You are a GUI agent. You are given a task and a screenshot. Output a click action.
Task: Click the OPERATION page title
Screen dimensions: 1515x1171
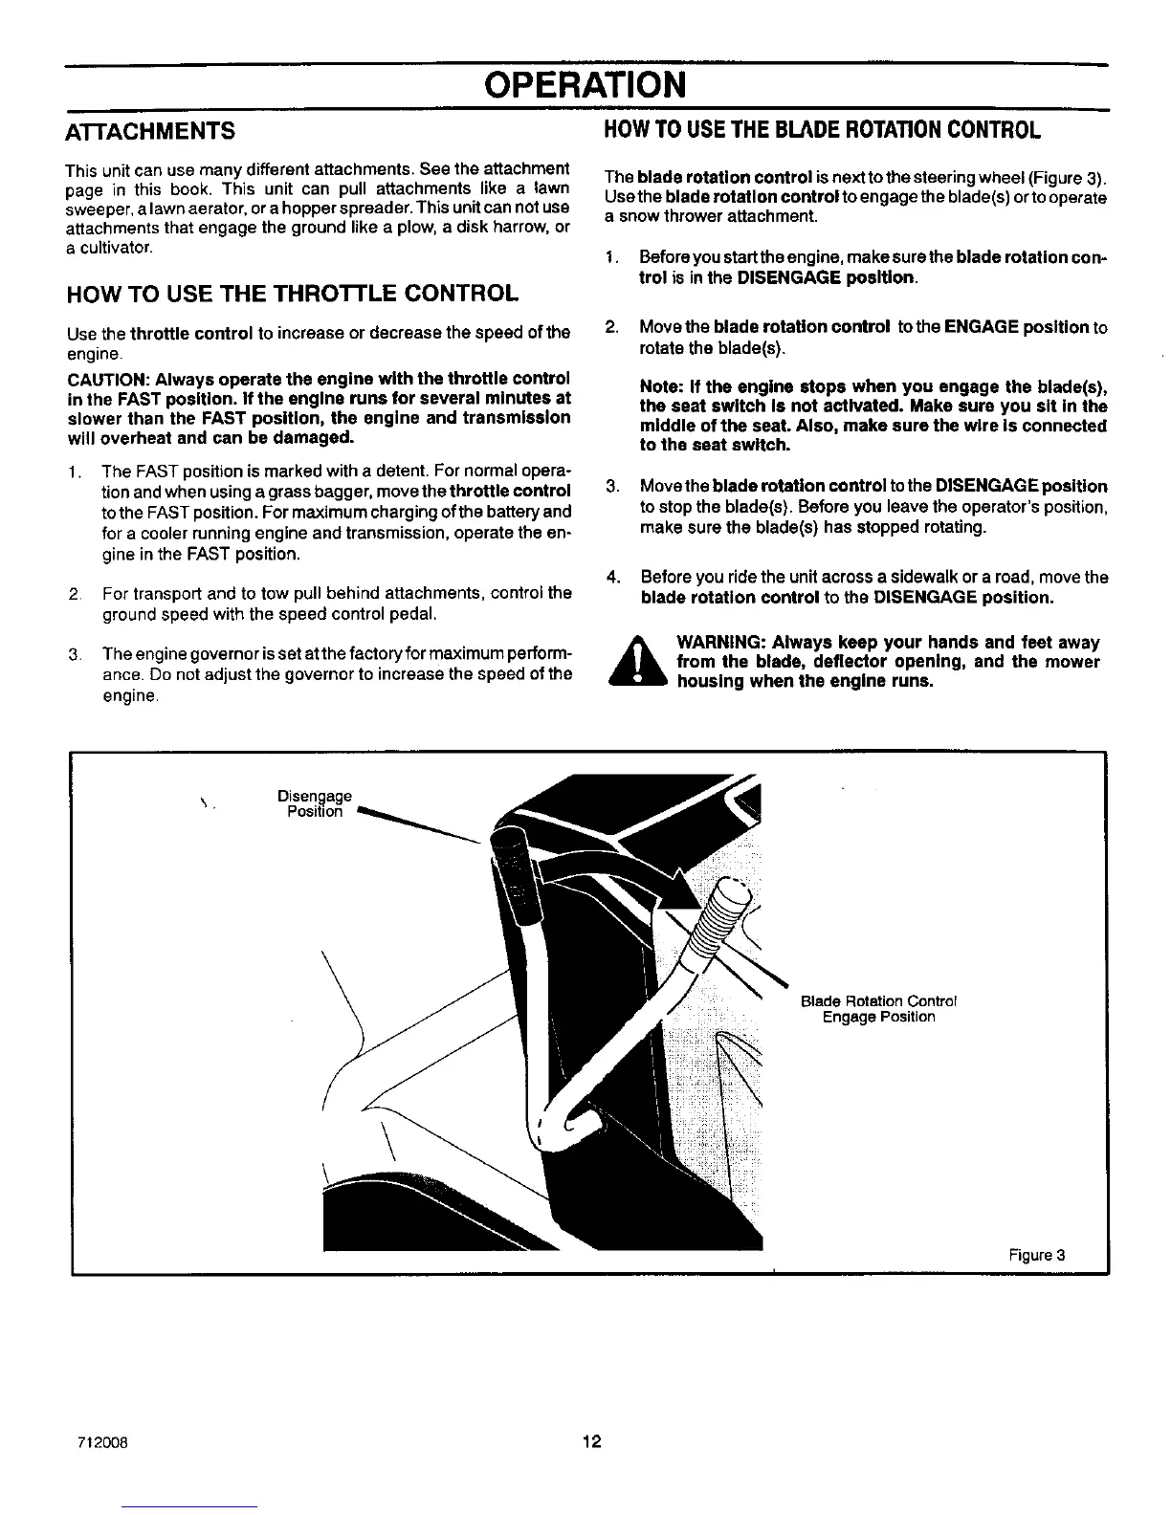[x=585, y=84]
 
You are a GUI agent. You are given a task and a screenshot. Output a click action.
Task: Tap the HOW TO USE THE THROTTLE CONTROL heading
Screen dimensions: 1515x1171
[x=294, y=293]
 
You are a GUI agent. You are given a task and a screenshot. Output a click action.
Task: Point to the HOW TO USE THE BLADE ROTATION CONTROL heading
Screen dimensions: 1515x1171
[x=821, y=129]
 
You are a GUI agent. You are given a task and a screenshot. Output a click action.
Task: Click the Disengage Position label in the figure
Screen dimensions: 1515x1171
[x=314, y=803]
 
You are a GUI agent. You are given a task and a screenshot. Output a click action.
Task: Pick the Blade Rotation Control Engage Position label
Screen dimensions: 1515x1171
[x=878, y=1009]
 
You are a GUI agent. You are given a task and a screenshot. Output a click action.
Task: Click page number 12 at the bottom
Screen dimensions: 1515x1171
[x=591, y=1441]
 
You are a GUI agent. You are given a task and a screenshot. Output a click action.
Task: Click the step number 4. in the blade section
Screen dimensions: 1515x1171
[x=615, y=577]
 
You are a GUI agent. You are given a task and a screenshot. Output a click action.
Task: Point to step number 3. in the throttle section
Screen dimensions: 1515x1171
[x=74, y=654]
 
